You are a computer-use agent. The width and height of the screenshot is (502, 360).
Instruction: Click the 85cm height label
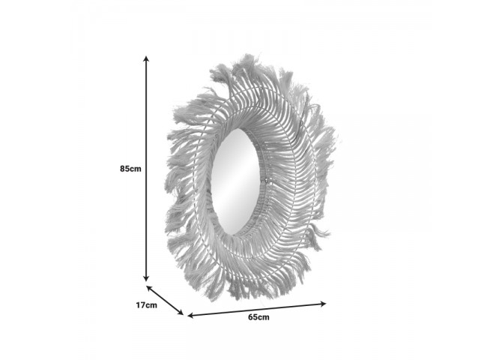130,169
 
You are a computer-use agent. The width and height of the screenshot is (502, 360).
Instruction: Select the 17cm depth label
147,304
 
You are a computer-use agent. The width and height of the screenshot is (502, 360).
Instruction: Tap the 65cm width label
258,317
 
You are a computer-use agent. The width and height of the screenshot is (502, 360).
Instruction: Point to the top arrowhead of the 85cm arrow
146,58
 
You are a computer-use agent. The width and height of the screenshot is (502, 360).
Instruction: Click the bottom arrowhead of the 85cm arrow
146,279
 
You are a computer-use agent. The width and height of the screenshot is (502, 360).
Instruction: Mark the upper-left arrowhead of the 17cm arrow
149,288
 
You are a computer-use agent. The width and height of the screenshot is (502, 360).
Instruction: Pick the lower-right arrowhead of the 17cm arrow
181,312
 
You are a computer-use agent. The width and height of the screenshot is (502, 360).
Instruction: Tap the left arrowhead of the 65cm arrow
191,316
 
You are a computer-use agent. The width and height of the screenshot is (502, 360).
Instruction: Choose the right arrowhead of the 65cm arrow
323,304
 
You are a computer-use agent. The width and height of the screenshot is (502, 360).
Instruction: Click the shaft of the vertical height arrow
146,169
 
